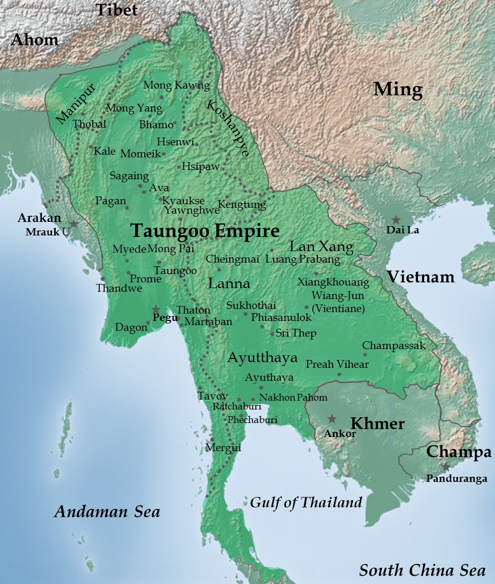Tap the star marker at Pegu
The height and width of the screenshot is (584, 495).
coord(155,309)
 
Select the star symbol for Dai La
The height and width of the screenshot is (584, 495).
coord(396,220)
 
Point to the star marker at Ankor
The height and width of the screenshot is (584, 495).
coord(331,418)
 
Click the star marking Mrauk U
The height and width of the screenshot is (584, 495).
coord(73,223)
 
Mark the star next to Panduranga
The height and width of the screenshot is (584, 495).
coord(446,467)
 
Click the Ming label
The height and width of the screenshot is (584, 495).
coord(398,90)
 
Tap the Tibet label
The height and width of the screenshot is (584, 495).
coord(117,9)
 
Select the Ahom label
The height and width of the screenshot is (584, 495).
coord(35,40)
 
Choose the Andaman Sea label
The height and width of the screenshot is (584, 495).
coord(107,512)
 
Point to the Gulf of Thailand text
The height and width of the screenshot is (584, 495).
coord(306,502)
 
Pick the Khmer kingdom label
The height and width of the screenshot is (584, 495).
coord(377,424)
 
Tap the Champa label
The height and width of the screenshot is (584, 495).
coord(459,452)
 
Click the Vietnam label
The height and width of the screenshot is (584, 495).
coord(420,276)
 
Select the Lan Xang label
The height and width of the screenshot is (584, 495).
coord(321,246)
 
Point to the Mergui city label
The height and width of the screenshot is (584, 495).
coord(223,447)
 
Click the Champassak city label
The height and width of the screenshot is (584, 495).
coord(394,345)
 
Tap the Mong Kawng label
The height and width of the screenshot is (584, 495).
coord(176,85)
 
